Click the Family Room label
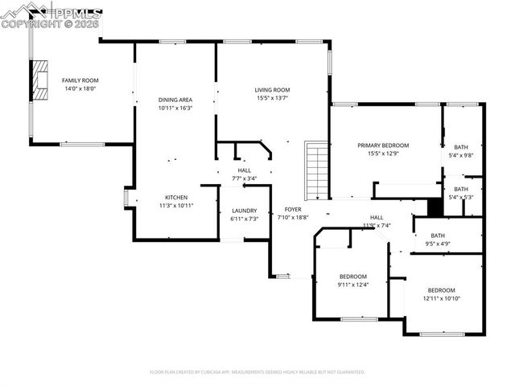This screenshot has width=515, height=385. [x=80, y=80]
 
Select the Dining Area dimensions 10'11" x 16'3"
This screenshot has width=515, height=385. [x=175, y=107]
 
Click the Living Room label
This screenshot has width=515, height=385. [x=272, y=90]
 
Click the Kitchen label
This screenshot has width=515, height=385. [x=176, y=197]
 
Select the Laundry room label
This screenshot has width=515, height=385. [x=244, y=211]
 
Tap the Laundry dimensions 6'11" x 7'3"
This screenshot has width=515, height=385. [x=244, y=219]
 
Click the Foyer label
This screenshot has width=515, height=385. [x=292, y=209]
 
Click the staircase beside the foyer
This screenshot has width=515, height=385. [x=316, y=170]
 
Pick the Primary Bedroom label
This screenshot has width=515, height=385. [x=383, y=145]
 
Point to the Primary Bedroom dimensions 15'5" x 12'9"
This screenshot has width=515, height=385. [x=383, y=154]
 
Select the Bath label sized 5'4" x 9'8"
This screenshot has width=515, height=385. [x=460, y=147]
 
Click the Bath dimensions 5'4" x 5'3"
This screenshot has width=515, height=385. [x=460, y=197]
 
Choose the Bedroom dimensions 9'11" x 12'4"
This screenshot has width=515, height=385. [x=352, y=285]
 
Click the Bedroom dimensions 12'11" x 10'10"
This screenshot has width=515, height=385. [x=441, y=298]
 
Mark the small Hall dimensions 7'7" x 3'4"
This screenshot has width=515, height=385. [x=244, y=178]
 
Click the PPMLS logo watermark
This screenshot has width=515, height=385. [x=51, y=14]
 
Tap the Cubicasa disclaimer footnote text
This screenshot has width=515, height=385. [x=257, y=372]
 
